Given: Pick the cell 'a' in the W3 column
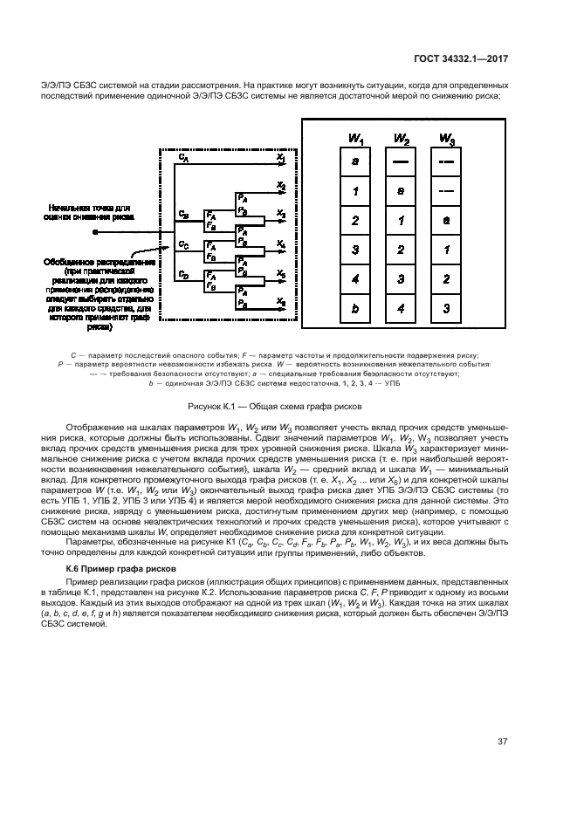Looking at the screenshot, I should pos(446,220).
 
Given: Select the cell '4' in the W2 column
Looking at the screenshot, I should pos(402,308).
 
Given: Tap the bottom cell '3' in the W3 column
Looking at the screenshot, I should pos(446,308).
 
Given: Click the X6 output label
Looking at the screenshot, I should pos(280,301).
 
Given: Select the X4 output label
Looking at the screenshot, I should pos(280,243).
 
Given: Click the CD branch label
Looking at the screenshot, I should pos(182,274).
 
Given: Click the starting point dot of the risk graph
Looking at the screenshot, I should pos(96,233).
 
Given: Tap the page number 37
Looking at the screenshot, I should pos(502,742).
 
